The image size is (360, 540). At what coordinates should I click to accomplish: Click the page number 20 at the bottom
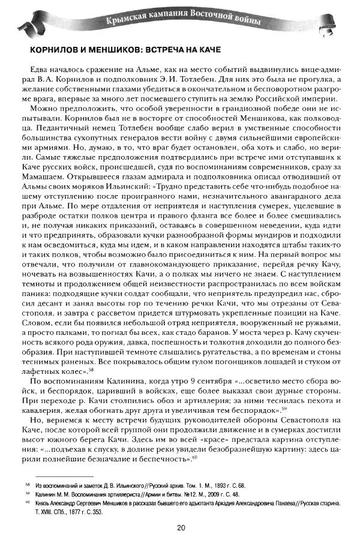click(181, 527)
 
